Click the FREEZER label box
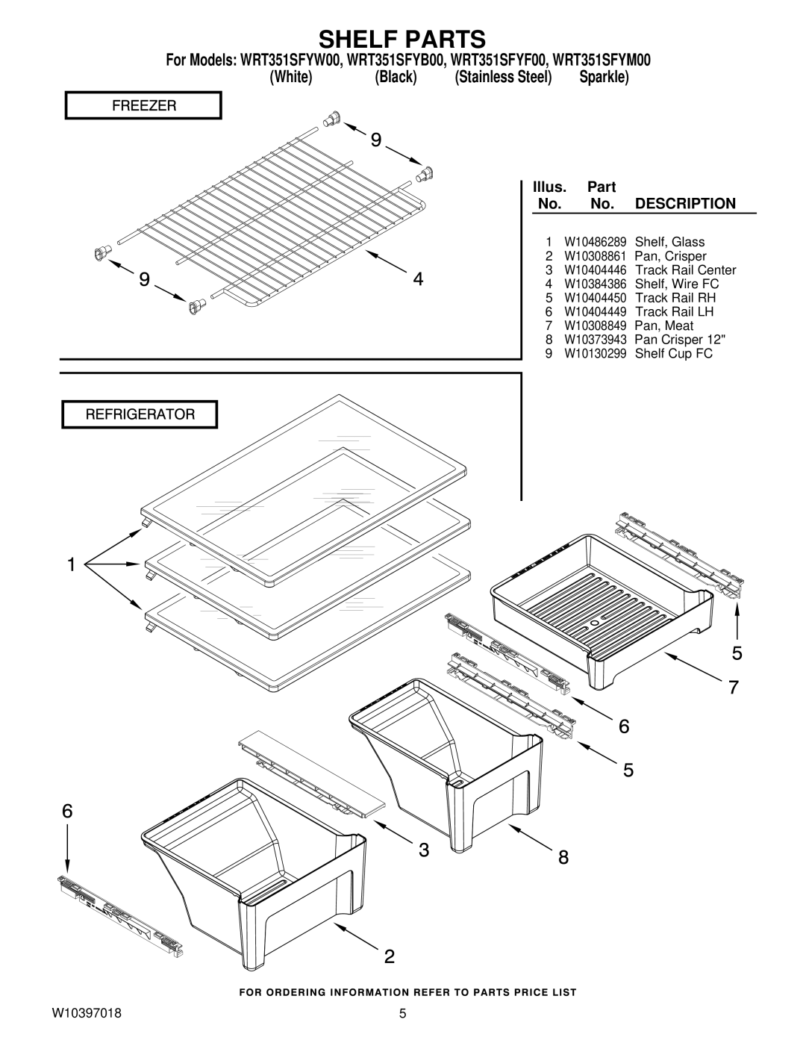(143, 105)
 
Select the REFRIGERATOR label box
(140, 414)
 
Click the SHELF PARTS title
(402, 39)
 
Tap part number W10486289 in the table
(595, 242)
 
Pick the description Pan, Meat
(664, 326)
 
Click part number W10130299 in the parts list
(595, 353)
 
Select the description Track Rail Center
(686, 270)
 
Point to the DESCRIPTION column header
(685, 204)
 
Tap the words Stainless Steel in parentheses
(503, 77)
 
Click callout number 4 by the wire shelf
(419, 279)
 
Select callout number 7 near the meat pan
(734, 688)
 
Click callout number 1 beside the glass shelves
(72, 564)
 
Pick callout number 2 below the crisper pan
(390, 956)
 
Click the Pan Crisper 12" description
(680, 340)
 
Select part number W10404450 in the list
(595, 298)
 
